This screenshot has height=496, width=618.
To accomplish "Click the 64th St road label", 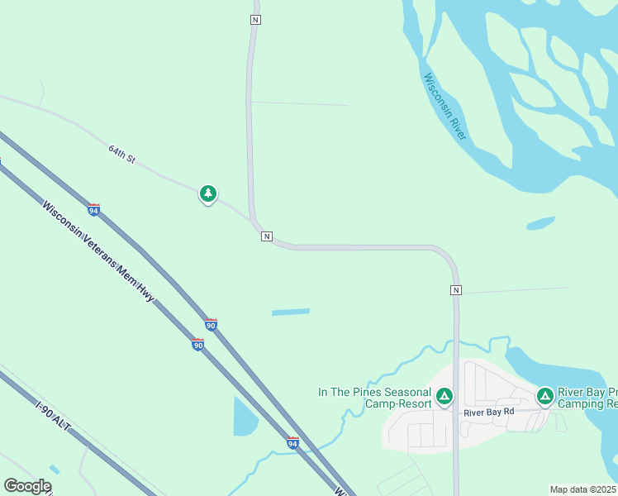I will click(x=121, y=154).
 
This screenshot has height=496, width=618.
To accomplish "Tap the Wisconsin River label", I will click(x=445, y=107).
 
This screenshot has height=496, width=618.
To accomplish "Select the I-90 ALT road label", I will click(x=54, y=419).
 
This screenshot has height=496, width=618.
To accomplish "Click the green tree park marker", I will click(x=208, y=194).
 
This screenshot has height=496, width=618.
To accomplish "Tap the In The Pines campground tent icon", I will click(x=444, y=397).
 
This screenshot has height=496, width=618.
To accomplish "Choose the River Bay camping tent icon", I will click(x=545, y=397).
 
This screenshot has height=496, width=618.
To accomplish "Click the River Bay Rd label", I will click(x=488, y=412).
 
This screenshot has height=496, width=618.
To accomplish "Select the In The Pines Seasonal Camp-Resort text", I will click(x=375, y=398).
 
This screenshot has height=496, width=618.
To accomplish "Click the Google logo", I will click(x=27, y=486).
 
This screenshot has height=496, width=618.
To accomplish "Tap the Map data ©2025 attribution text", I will click(x=583, y=489).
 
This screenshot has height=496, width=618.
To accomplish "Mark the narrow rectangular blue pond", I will click(x=291, y=312).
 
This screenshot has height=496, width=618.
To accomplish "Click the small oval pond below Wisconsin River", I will click(x=540, y=223).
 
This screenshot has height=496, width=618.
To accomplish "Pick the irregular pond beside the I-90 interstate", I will click(x=245, y=417).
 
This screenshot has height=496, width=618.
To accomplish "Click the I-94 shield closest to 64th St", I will click(x=94, y=210).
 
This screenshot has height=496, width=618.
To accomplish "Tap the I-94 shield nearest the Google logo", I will click(x=292, y=443).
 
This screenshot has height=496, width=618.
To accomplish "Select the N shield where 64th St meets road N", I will click(x=266, y=236).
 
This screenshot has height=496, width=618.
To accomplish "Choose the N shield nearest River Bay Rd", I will click(x=456, y=290).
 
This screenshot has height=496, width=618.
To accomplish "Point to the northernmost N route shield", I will click(x=256, y=19).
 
